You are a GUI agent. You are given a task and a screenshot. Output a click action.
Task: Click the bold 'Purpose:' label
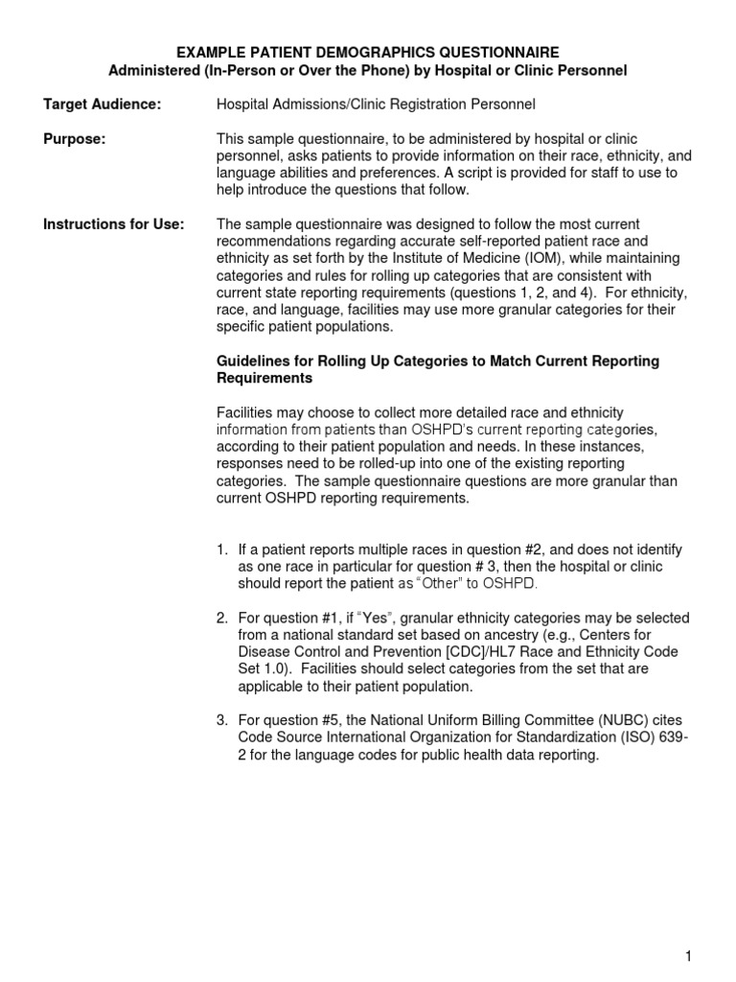pyautogui.click(x=75, y=139)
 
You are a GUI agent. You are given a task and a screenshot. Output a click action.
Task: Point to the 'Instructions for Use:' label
pyautogui.click(x=113, y=224)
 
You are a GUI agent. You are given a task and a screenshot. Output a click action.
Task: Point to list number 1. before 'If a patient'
pyautogui.click(x=221, y=549)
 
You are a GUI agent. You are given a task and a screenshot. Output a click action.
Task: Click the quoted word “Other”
pyautogui.click(x=437, y=584)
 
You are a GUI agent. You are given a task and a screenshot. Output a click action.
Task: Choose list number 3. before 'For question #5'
pyautogui.click(x=221, y=720)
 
